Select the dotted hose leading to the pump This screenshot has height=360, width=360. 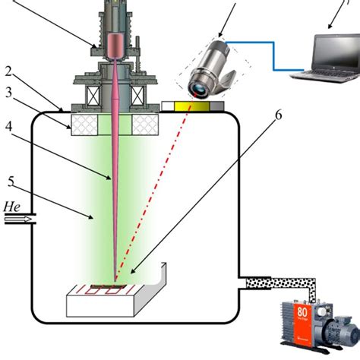click(281, 284)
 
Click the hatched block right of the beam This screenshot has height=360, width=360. click(145, 125)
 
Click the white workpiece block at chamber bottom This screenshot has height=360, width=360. click(114, 304)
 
